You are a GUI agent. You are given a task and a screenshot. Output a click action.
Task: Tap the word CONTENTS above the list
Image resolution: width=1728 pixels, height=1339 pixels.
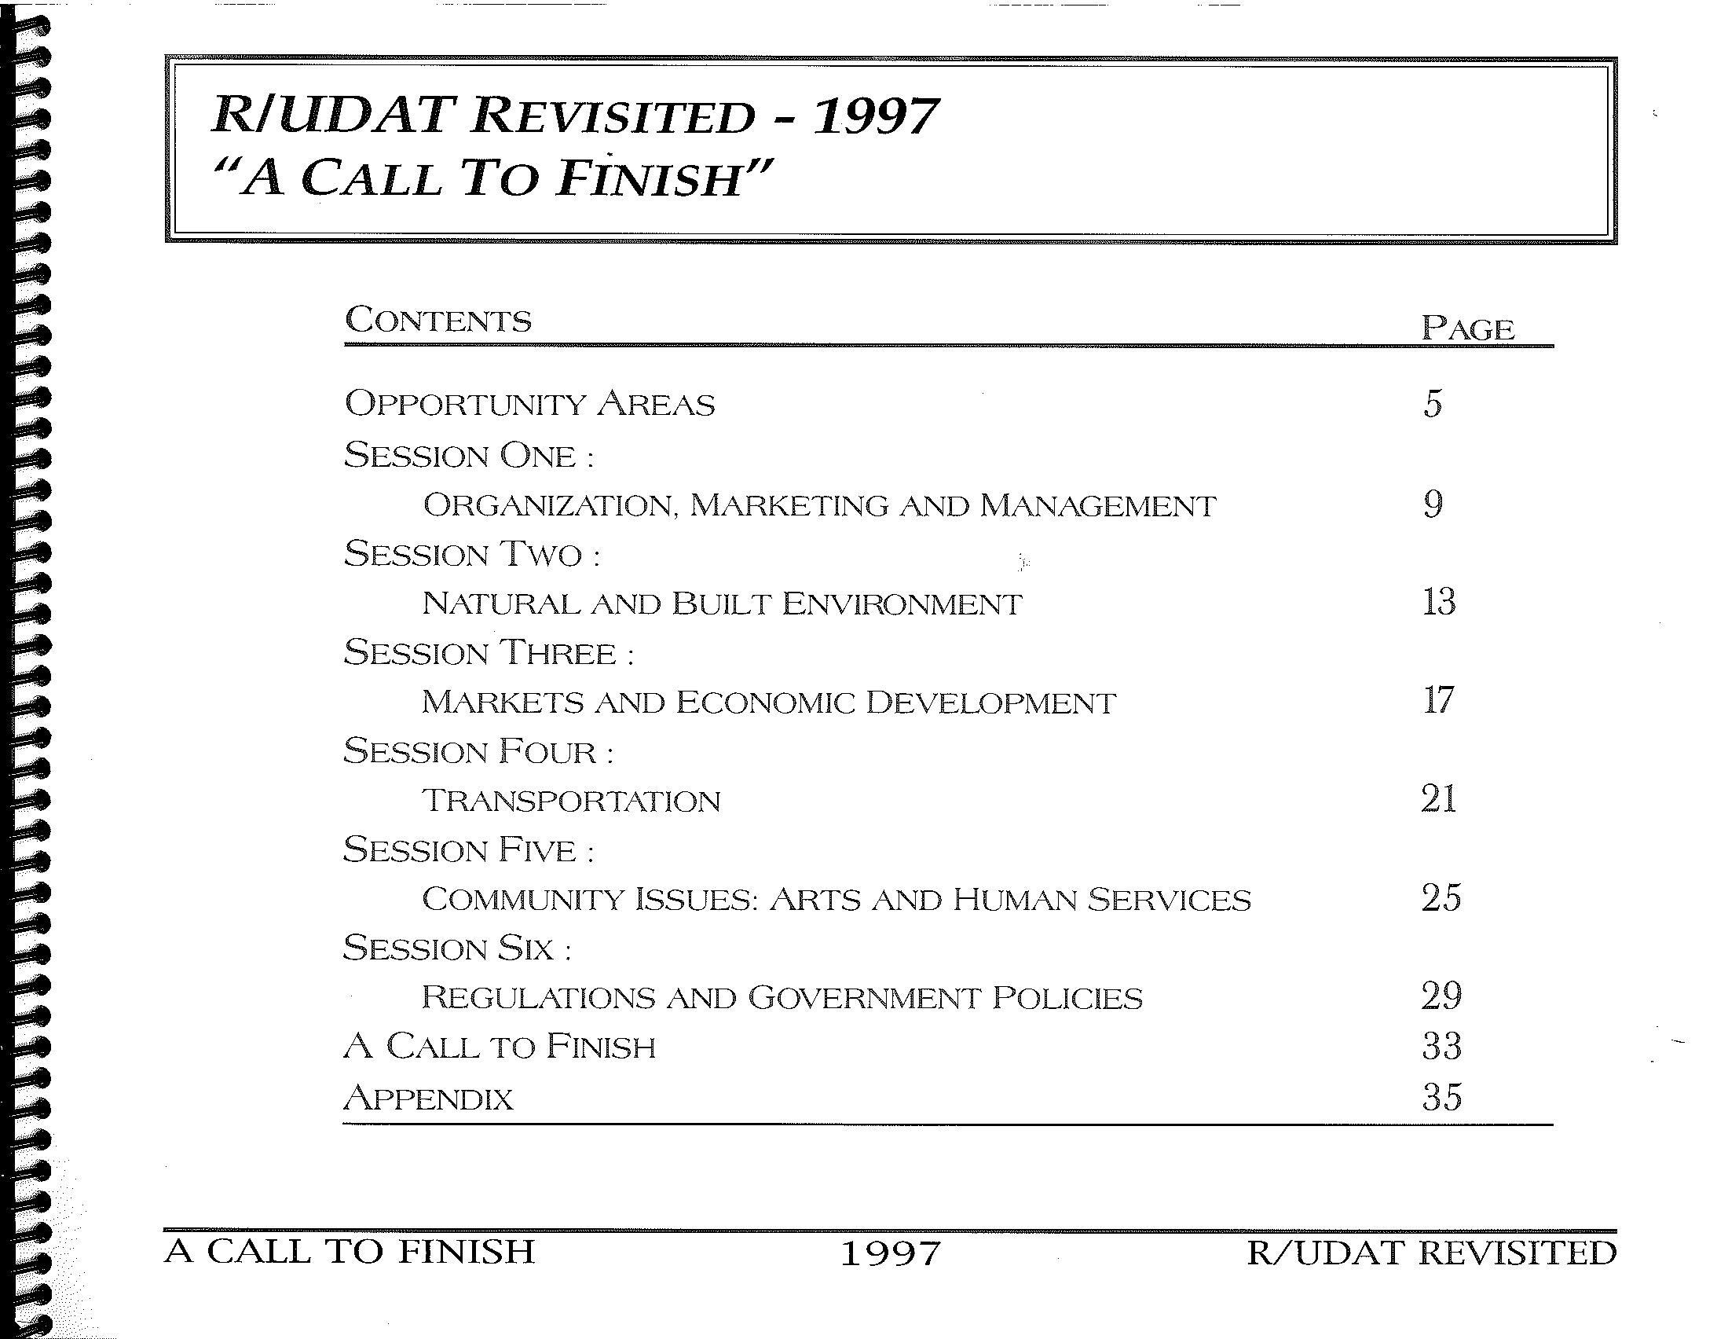tap(438, 321)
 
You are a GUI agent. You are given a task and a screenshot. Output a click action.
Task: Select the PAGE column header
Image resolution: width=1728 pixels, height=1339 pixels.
tap(1468, 328)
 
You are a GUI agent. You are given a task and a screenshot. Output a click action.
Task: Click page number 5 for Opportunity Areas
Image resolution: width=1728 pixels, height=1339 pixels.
tap(1433, 404)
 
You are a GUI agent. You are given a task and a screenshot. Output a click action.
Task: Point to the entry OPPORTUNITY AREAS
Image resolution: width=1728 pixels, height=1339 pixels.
tap(530, 405)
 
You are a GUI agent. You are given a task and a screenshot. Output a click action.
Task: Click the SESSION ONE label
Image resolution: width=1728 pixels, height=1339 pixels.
tap(468, 456)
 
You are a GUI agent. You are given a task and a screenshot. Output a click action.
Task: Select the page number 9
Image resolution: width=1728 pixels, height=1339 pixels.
tap(1433, 504)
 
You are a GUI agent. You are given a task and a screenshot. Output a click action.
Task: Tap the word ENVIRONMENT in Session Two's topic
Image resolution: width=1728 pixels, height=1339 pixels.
tap(901, 604)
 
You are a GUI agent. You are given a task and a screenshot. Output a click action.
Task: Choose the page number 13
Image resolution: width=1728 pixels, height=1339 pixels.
tap(1438, 602)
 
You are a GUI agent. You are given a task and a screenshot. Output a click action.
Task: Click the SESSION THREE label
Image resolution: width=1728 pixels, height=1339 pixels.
tap(489, 654)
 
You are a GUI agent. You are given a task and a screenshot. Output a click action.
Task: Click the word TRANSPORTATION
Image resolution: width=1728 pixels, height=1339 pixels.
tap(571, 801)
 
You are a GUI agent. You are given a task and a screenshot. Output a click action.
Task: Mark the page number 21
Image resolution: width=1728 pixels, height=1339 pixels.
tap(1438, 799)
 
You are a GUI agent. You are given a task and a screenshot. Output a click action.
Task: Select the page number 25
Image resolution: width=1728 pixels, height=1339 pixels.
tap(1441, 898)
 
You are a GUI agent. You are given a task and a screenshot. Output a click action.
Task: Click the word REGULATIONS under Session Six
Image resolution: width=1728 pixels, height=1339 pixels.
tap(538, 998)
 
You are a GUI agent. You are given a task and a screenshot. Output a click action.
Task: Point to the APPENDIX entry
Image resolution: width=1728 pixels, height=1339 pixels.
tap(429, 1099)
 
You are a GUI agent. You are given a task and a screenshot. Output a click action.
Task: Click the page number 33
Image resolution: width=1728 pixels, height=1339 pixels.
tap(1441, 1047)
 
